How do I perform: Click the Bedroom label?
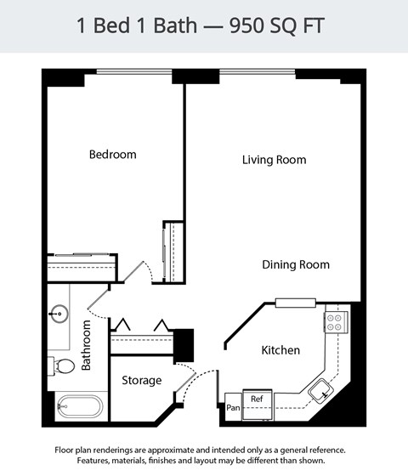(x=113, y=155)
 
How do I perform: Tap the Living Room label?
(x=274, y=160)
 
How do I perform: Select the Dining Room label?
(x=295, y=265)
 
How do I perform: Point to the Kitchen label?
(x=280, y=350)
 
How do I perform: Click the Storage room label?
(x=141, y=380)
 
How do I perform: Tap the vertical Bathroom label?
(x=86, y=346)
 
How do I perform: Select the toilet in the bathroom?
(x=62, y=366)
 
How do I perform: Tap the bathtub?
(x=79, y=406)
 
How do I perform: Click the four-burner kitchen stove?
(x=335, y=321)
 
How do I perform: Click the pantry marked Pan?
(x=233, y=408)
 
